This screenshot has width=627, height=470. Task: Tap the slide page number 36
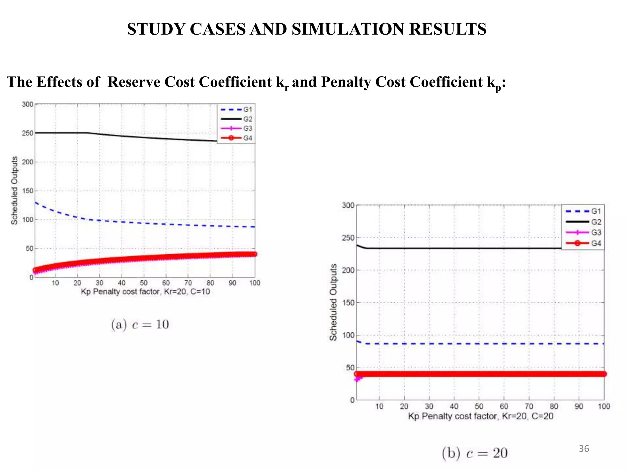click(584, 449)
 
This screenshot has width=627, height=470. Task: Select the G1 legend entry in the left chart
click(247, 110)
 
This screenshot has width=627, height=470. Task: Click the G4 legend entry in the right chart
click(596, 243)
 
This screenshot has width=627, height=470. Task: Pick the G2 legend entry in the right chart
click(596, 222)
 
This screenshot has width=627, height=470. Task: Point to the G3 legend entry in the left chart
click(247, 129)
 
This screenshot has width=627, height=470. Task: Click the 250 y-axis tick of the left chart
click(28, 133)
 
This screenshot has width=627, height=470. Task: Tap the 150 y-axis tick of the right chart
click(348, 303)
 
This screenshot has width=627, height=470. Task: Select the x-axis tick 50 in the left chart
click(144, 283)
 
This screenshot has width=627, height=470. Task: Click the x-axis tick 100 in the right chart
click(604, 406)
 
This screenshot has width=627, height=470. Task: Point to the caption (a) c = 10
click(140, 324)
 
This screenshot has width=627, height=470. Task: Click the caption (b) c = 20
click(475, 453)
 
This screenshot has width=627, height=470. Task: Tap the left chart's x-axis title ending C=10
click(145, 292)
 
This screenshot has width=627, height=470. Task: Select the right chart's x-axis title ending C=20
click(481, 416)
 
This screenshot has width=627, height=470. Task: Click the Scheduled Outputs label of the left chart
click(14, 190)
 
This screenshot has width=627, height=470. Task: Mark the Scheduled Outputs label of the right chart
click(333, 302)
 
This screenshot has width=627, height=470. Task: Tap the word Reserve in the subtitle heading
click(133, 82)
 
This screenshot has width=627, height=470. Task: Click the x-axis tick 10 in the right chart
click(379, 406)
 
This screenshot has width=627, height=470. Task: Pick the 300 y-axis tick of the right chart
click(348, 205)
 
